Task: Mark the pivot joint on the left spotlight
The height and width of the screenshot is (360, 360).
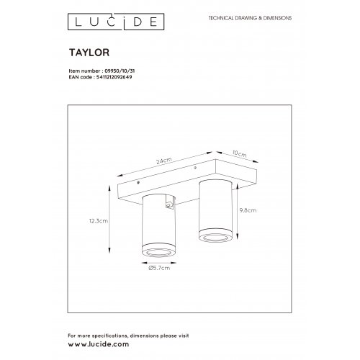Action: pos(169,204)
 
